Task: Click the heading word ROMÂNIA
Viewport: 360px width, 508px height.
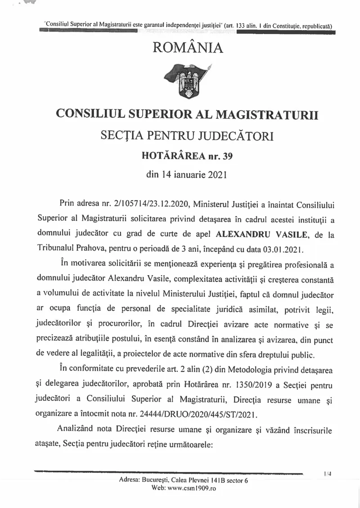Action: coord(188,48)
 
